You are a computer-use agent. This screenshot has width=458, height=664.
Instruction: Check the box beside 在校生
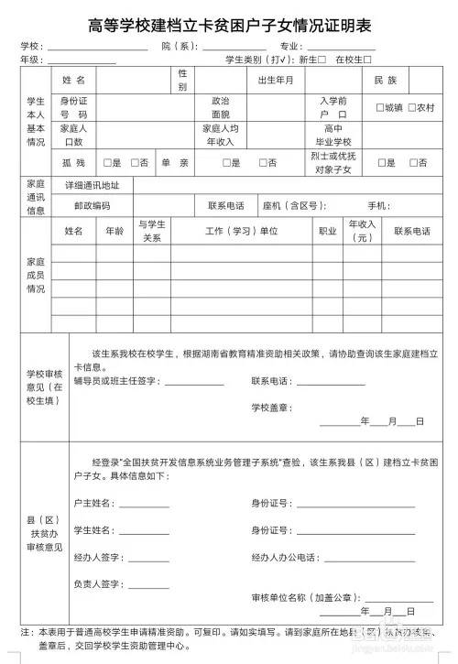[x=368, y=60]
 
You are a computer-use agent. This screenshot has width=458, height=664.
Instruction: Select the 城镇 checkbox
[x=380, y=107]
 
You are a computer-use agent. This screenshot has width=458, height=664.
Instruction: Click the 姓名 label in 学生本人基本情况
[x=74, y=81]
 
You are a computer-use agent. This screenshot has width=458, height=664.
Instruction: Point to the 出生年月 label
[x=276, y=81]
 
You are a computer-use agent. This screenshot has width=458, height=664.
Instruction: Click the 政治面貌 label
[x=221, y=108]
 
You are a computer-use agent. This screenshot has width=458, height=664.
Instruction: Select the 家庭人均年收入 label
[x=221, y=136]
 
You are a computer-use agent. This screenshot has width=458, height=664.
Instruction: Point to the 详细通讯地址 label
[x=92, y=185]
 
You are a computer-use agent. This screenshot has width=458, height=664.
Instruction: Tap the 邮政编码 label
[x=92, y=205]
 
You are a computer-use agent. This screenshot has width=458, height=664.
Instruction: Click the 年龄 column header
[x=115, y=232]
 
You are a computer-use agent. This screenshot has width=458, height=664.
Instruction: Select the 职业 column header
[x=326, y=232]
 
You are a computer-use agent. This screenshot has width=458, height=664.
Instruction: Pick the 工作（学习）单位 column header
[x=241, y=232]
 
